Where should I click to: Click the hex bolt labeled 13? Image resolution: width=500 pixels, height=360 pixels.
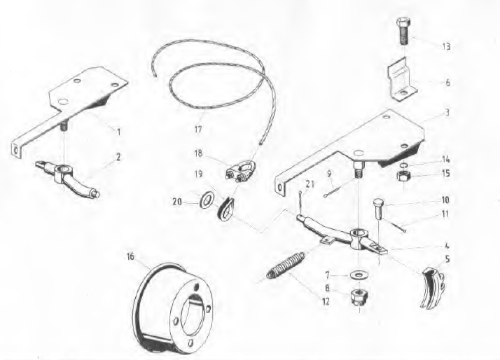[403, 32]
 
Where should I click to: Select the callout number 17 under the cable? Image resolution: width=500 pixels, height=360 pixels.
[198, 130]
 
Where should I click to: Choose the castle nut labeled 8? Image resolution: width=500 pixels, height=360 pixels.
[359, 296]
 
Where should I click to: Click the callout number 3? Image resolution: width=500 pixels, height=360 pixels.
[447, 113]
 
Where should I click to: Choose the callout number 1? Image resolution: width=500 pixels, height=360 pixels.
[118, 132]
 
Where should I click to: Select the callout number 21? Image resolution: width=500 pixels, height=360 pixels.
[310, 184]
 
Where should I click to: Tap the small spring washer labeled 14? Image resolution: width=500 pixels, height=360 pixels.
[403, 165]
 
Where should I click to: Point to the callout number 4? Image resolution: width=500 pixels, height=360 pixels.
[447, 246]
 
